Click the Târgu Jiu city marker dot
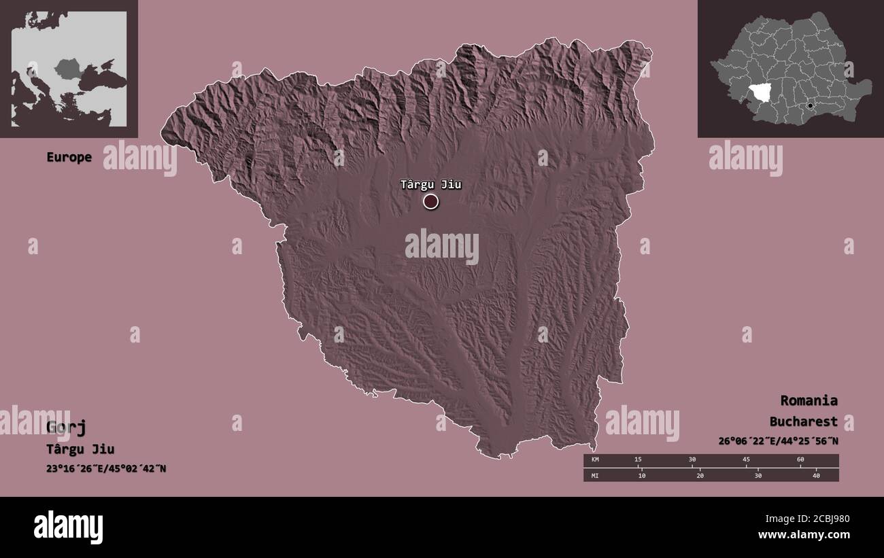pyautogui.click(x=430, y=201)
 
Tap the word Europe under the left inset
pyautogui.click(x=69, y=157)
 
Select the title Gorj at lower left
pyautogui.click(x=66, y=427)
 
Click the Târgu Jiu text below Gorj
pyautogui.click(x=80, y=449)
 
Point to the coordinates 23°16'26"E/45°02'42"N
pyautogui.click(x=106, y=468)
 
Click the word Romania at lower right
pyautogui.click(x=809, y=400)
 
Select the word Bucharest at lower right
pyautogui.click(x=804, y=421)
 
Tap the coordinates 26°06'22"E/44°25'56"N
pyautogui.click(x=778, y=441)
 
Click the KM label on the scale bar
pyautogui.click(x=595, y=460)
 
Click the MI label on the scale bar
pyautogui.click(x=595, y=476)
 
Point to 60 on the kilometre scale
pyautogui.click(x=800, y=460)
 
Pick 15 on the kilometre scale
pyautogui.click(x=638, y=460)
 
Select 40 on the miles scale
pyautogui.click(x=817, y=476)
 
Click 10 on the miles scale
pyautogui.click(x=641, y=476)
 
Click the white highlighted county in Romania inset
pyautogui.click(x=764, y=94)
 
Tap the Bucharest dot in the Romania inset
pyautogui.click(x=810, y=105)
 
